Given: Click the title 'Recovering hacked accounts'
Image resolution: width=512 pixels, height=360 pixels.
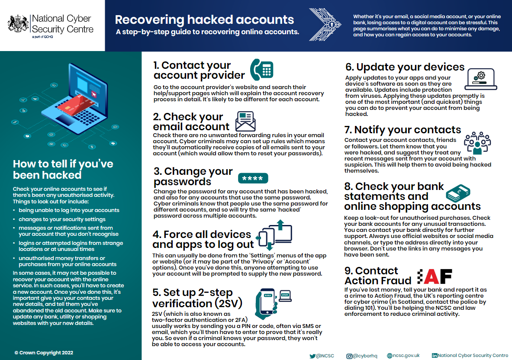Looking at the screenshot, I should (x=204, y=19).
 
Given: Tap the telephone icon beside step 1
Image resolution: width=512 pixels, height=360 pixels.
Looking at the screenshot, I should (x=262, y=70).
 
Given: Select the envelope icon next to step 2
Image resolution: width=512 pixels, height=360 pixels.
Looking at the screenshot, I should (x=245, y=121).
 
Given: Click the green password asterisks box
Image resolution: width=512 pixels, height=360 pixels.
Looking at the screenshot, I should (x=253, y=178).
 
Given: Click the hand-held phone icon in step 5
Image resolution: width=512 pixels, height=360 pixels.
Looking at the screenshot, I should (x=266, y=301).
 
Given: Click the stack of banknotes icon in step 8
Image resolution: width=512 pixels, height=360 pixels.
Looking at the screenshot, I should (x=458, y=193).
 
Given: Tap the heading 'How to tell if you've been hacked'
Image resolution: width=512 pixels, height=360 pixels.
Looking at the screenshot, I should (x=63, y=169).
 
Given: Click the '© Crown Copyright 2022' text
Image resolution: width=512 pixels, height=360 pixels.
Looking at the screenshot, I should (x=44, y=353).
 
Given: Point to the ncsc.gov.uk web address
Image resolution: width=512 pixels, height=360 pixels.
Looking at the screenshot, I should (x=403, y=356).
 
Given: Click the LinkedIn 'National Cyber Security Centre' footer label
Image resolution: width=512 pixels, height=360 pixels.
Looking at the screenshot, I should (x=470, y=356).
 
